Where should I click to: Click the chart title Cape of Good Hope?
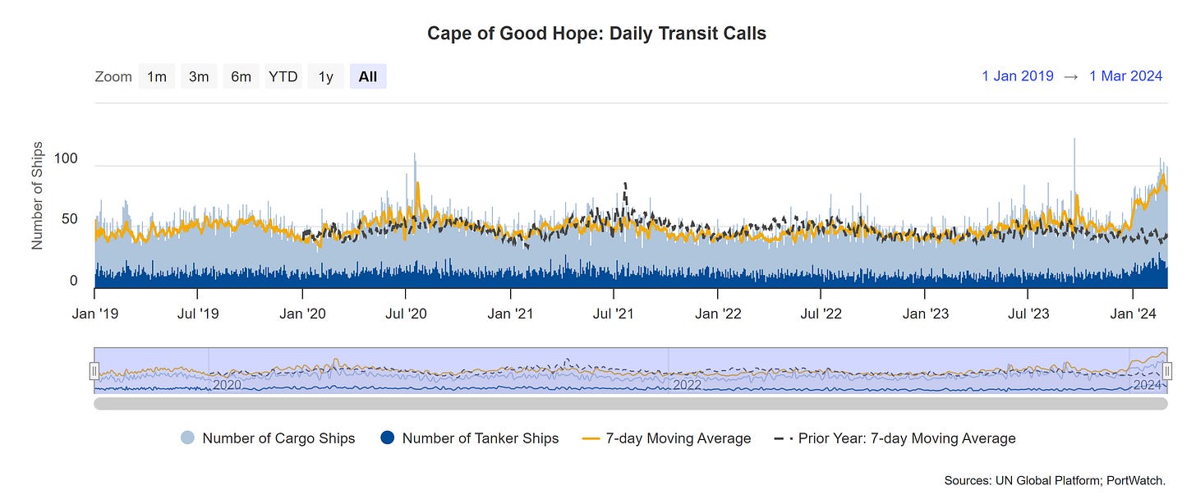pos(596,34)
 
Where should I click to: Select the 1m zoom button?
pos(156,76)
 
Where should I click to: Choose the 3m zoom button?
pos(199,76)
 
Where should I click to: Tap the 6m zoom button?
pos(241,76)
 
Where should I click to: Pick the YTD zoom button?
pos(283,76)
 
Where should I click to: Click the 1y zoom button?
pos(326,76)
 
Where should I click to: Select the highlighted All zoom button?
pos(368,76)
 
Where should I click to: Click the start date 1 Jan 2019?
pos(1017,76)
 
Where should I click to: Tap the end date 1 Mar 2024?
pos(1125,76)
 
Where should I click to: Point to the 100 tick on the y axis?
pos(66,158)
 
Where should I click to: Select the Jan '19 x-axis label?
pos(95,314)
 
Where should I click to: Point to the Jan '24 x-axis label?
pos(1134,314)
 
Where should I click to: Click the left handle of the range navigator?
pos(94,371)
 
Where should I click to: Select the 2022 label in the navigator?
pos(688,384)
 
